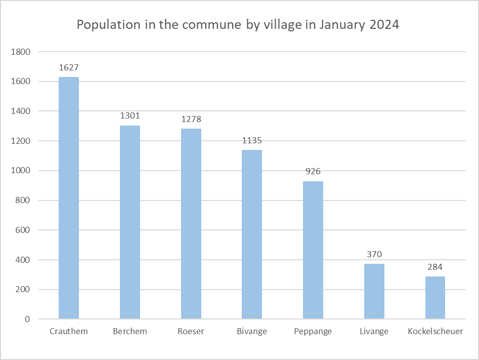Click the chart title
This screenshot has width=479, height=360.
coord(238,25)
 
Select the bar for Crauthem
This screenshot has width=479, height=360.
coord(69,197)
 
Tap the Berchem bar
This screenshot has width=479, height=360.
coord(130,222)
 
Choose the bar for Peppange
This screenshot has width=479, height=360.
coord(313,250)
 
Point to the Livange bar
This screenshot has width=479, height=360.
coord(374,291)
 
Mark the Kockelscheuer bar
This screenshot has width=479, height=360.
coord(435,298)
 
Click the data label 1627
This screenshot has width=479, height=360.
coord(69,67)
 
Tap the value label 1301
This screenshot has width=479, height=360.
coord(130,116)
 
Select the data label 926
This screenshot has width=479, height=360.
coord(313,172)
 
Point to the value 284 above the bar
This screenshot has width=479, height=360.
coord(435,267)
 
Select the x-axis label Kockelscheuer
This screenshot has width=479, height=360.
coord(435,332)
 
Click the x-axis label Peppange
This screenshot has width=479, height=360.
coord(313,332)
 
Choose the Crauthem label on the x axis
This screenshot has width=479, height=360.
coord(69,332)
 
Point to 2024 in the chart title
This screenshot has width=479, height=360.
coord(383,25)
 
